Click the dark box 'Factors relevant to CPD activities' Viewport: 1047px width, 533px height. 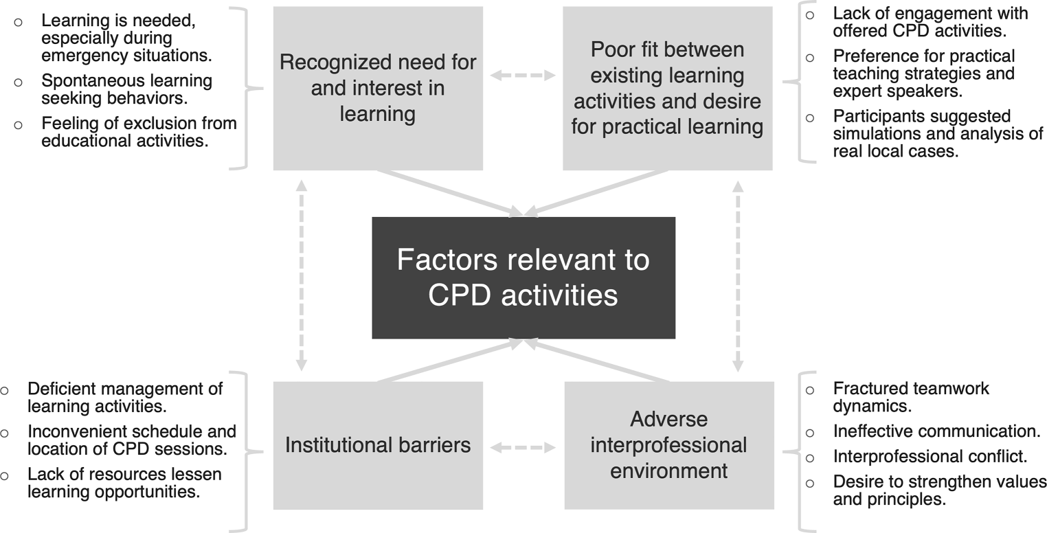point(523,277)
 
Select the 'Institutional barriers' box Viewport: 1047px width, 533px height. point(377,445)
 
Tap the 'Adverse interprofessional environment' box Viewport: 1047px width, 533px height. point(668,445)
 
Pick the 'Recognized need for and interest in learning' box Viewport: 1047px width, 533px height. point(377,88)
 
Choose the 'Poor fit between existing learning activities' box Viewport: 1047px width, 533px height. point(667,88)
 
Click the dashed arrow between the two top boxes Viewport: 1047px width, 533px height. point(523,74)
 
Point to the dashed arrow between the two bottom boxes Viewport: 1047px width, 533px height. point(523,448)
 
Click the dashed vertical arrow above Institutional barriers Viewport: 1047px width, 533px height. point(300,275)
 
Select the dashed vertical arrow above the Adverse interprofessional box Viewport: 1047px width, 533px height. point(738,275)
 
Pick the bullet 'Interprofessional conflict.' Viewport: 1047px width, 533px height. point(930,457)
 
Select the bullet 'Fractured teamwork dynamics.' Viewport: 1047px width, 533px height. point(911,397)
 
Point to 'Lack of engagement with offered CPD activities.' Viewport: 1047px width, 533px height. point(930,21)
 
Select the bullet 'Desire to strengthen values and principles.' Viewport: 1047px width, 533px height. point(939,490)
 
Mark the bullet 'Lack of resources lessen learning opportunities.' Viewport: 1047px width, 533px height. point(124,483)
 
